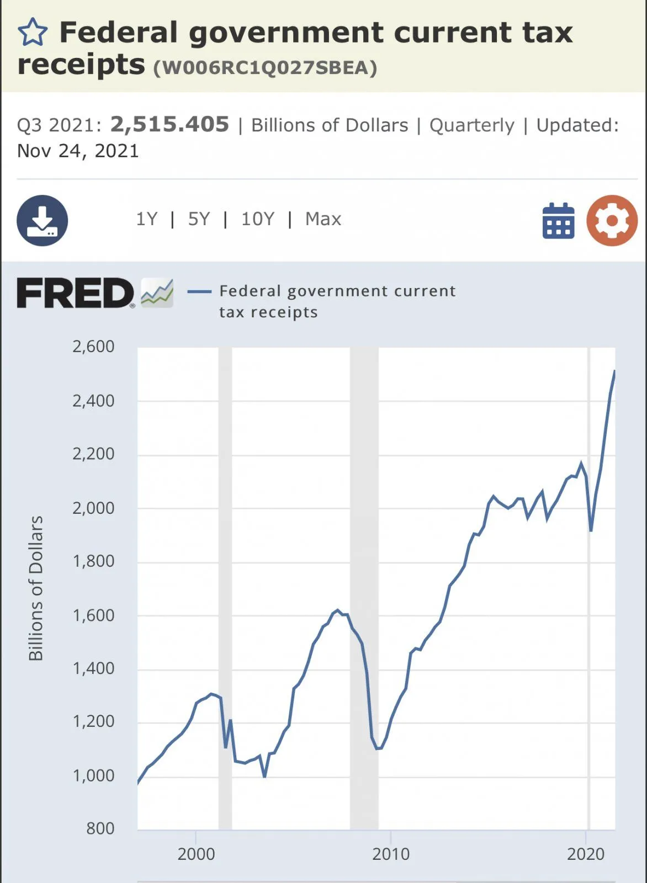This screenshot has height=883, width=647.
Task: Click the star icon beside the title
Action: (x=33, y=32)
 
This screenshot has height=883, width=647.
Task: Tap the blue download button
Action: (x=43, y=220)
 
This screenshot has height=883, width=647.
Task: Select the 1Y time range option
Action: (x=147, y=219)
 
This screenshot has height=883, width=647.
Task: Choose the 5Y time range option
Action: (x=199, y=219)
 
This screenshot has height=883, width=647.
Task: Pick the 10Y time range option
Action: (x=257, y=219)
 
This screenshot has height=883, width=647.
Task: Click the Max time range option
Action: (x=323, y=219)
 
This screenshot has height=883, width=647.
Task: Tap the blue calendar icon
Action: (x=558, y=221)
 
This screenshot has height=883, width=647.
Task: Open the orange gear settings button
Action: (x=612, y=221)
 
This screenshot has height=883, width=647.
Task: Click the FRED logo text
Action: (x=75, y=293)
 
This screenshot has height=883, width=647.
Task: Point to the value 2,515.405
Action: (x=169, y=125)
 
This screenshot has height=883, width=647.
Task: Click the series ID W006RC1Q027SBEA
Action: (x=265, y=68)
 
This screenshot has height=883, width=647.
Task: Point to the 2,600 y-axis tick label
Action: (x=93, y=347)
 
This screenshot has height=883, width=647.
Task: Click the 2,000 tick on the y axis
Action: (x=93, y=508)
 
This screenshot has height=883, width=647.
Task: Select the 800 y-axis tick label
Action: (x=100, y=828)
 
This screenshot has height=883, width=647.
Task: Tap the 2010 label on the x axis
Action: (x=391, y=854)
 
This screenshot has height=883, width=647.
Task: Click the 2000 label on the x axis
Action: (x=196, y=854)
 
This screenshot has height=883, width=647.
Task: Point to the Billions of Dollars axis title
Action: (x=36, y=588)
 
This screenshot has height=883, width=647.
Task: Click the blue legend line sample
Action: (x=199, y=291)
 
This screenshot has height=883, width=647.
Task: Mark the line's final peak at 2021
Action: (x=614, y=371)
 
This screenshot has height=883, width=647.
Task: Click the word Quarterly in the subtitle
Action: (x=471, y=125)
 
